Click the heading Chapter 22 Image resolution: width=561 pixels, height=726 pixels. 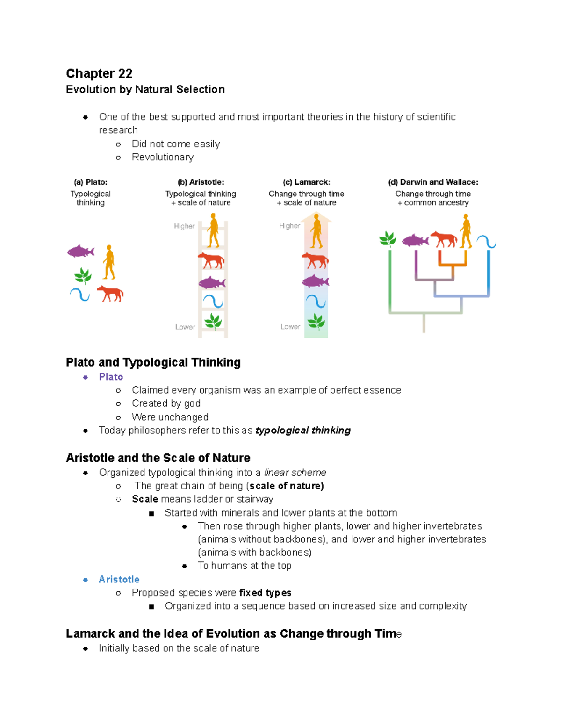(x=99, y=74)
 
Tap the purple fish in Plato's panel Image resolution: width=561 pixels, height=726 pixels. (x=80, y=252)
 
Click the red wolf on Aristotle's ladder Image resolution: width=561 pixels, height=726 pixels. (x=211, y=260)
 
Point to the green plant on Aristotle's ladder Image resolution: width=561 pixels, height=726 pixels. (x=213, y=321)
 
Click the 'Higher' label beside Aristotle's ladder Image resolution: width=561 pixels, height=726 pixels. (x=184, y=226)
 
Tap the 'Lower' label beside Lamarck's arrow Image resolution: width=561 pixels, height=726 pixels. (x=290, y=327)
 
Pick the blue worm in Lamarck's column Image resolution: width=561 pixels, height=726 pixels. (x=316, y=302)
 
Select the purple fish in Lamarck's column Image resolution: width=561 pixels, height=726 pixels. (x=316, y=281)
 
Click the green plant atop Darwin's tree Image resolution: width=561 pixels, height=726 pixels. (x=388, y=239)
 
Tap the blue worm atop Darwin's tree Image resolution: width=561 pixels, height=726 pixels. (x=486, y=242)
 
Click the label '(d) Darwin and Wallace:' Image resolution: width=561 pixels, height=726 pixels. (x=433, y=182)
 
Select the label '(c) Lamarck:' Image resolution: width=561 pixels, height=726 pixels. (x=306, y=182)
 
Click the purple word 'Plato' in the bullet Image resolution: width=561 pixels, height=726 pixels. (x=111, y=377)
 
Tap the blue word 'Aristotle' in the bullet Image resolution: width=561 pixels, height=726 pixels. (x=119, y=580)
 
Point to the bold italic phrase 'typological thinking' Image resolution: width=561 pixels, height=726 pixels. (x=303, y=431)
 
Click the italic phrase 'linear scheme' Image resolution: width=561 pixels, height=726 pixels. (x=295, y=473)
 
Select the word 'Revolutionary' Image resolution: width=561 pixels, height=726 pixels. (x=162, y=158)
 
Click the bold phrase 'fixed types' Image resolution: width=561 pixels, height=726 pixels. (x=265, y=593)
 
